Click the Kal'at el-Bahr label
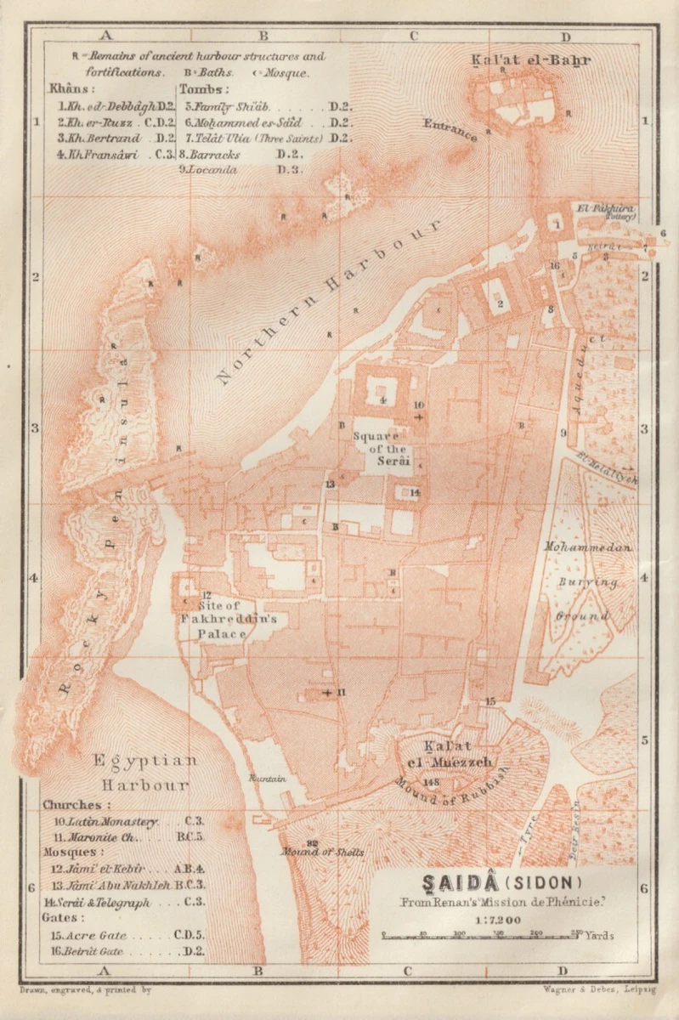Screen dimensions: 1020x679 (530, 60)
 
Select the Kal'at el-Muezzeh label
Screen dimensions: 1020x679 (449, 755)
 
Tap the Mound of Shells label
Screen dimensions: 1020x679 (324, 852)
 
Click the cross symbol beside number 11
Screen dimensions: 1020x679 (327, 693)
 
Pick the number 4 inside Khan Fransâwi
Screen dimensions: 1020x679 (382, 399)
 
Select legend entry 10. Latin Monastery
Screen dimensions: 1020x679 (124, 822)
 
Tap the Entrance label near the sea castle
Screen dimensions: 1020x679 (450, 128)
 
